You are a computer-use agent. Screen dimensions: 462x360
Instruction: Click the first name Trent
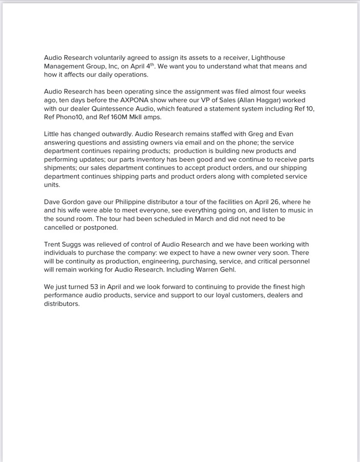pyautogui.click(x=53, y=244)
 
